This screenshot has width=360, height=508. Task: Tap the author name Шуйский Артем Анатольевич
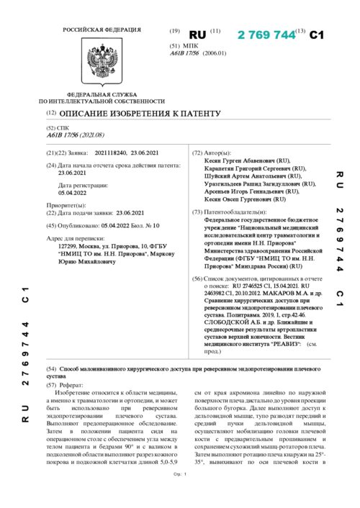click(248, 176)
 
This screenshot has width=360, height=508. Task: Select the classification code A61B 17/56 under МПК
click(187, 53)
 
